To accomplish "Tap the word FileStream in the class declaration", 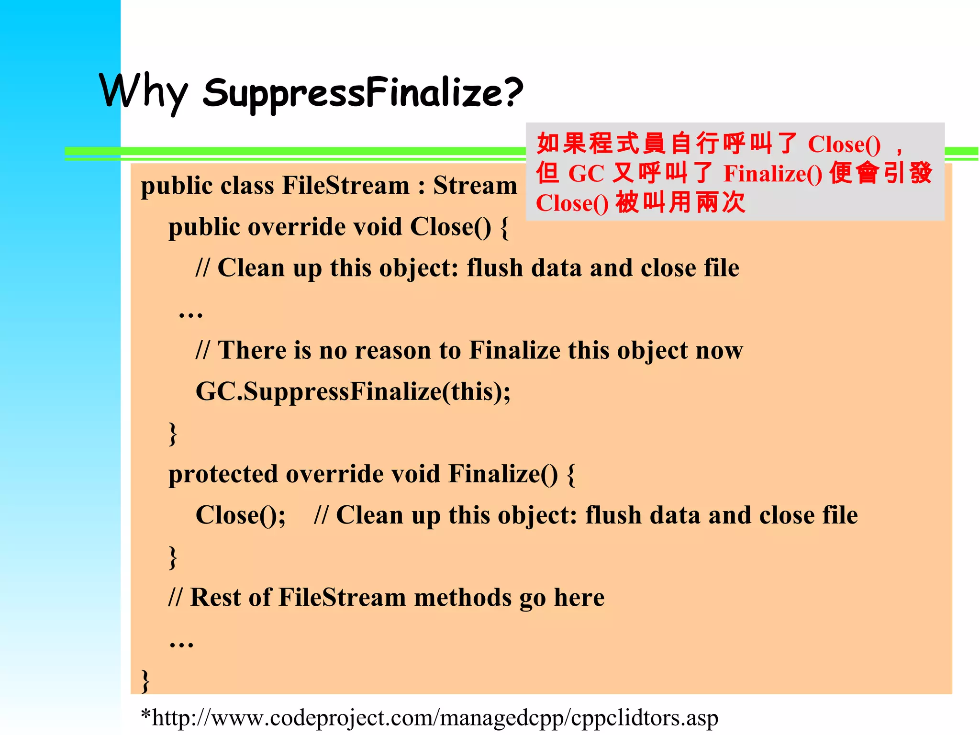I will click(x=345, y=186).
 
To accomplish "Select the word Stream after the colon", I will click(x=475, y=186).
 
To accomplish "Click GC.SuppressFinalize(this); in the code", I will click(x=353, y=391).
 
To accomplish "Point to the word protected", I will click(x=223, y=474).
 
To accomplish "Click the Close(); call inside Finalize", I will click(x=241, y=515).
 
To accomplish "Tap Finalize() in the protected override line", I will click(x=503, y=474).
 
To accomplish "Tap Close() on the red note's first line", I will click(x=844, y=144).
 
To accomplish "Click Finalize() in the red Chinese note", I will click(x=773, y=173).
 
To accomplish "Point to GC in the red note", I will click(x=586, y=173).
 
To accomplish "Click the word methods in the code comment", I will click(x=462, y=598).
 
